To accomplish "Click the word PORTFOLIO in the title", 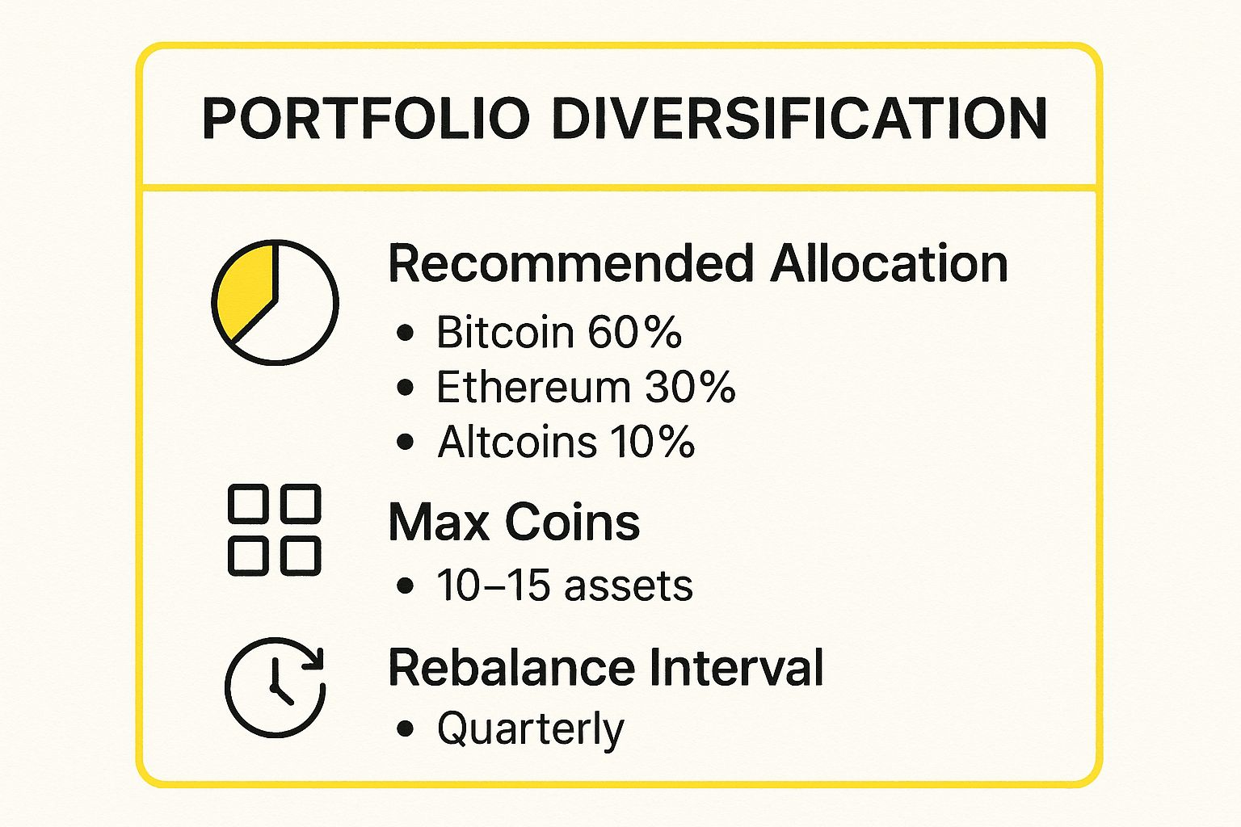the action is coord(366,119).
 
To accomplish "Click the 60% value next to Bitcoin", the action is coord(634,333).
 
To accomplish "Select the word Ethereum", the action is coord(533,387).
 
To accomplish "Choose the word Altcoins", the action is coord(517,442).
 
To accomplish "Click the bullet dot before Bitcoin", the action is coord(406,333).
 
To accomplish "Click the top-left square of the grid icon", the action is coord(248,503).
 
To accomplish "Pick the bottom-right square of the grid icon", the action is coord(301,556).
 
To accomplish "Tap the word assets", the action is coord(629,586).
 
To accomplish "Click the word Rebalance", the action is coord(511,667).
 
